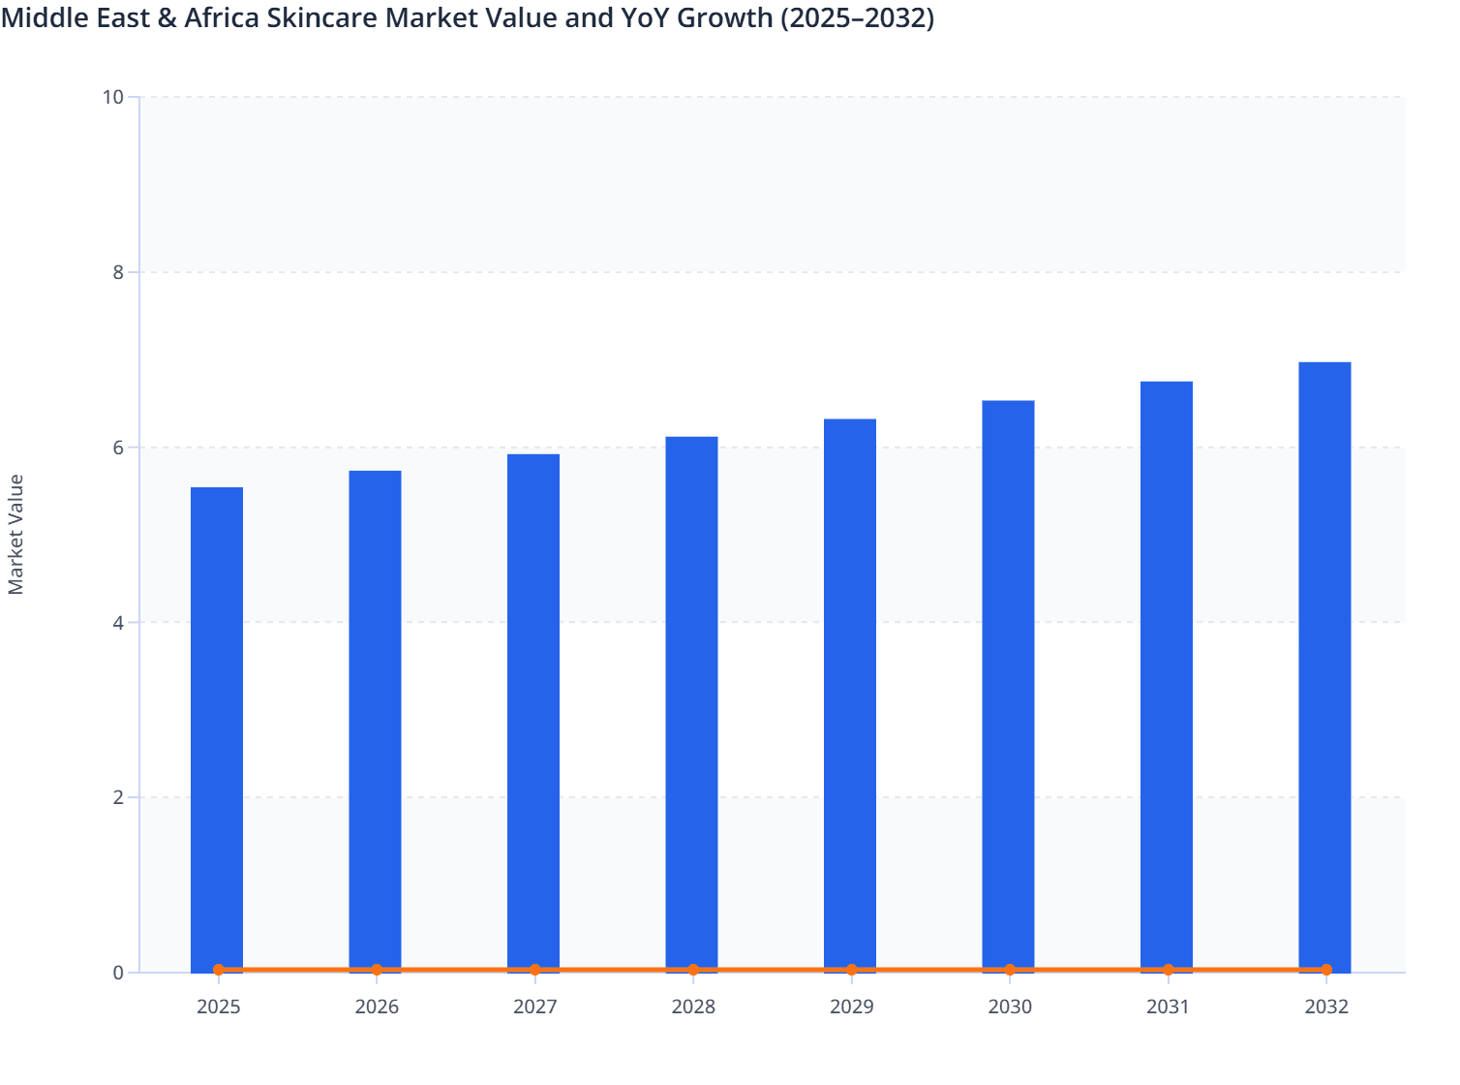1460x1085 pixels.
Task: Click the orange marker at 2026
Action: (377, 970)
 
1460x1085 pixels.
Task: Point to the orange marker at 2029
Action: (851, 970)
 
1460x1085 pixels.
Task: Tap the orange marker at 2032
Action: (1326, 970)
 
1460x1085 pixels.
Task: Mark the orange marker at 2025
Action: (219, 970)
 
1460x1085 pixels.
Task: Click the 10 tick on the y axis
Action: (112, 97)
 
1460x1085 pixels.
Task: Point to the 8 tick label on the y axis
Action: (118, 272)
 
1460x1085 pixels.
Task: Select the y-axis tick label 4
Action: (118, 623)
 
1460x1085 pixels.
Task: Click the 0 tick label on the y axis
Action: (118, 973)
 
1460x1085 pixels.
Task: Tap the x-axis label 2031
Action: (1168, 1007)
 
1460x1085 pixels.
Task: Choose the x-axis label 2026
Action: (377, 1007)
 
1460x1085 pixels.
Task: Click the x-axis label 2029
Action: (851, 1007)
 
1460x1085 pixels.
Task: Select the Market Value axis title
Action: (15, 534)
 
